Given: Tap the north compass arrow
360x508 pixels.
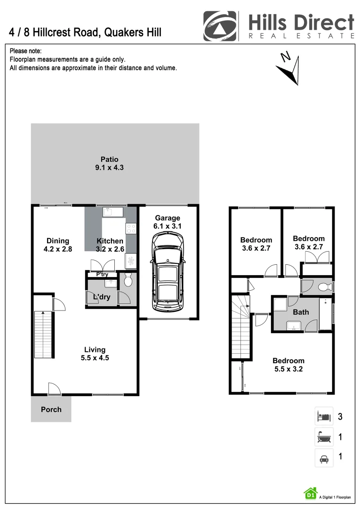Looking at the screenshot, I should [288, 70].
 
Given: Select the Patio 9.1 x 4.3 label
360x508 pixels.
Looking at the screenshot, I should [109, 163].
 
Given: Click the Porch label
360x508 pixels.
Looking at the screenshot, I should [51, 409].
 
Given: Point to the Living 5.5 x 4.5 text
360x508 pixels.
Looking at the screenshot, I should [95, 353].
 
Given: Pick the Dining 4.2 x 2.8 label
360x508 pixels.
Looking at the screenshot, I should [57, 245].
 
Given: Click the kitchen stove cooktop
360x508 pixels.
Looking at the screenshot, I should [131, 229].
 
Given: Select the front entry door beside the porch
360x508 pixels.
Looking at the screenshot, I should [54, 389].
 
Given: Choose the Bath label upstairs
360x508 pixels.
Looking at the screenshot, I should [301, 312].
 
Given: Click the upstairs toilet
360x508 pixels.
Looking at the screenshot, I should [323, 287].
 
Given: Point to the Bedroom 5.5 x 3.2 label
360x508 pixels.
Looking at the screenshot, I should [288, 365].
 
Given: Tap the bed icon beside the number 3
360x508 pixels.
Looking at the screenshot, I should [323, 416].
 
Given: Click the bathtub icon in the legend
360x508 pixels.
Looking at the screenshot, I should [323, 437].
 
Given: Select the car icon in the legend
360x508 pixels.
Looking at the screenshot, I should [323, 457].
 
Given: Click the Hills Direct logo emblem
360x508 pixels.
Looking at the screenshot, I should [219, 26].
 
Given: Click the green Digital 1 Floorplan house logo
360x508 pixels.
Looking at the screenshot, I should [310, 493].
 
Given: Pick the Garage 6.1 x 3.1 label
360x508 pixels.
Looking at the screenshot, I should [167, 222].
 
